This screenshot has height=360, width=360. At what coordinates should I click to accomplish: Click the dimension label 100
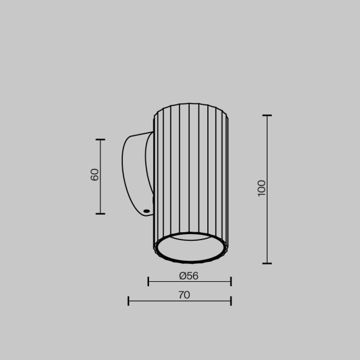(261, 187)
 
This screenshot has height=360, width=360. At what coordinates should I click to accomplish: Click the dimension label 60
(94, 174)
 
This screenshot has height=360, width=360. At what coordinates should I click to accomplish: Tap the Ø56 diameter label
(189, 276)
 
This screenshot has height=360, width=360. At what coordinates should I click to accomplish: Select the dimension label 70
(184, 295)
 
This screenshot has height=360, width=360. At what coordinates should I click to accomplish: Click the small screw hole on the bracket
(146, 211)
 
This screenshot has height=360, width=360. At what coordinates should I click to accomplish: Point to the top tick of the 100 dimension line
(267, 115)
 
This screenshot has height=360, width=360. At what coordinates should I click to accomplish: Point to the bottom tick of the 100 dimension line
(267, 263)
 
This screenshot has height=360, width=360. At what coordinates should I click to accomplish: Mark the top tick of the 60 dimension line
(100, 140)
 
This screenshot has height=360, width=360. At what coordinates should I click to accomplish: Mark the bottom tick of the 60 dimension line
(100, 214)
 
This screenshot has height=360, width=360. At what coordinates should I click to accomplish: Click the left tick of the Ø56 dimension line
(148, 281)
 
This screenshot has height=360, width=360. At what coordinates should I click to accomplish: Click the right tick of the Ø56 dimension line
(231, 281)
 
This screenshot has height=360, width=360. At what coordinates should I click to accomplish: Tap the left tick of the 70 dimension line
(128, 301)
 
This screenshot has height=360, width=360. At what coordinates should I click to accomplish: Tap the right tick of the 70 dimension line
(231, 301)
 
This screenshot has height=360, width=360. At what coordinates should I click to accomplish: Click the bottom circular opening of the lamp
(191, 248)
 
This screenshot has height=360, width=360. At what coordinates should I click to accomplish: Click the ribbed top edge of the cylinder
(191, 106)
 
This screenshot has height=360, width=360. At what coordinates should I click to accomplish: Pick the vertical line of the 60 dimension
(100, 192)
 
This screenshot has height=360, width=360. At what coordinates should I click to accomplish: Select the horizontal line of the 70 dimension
(155, 301)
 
